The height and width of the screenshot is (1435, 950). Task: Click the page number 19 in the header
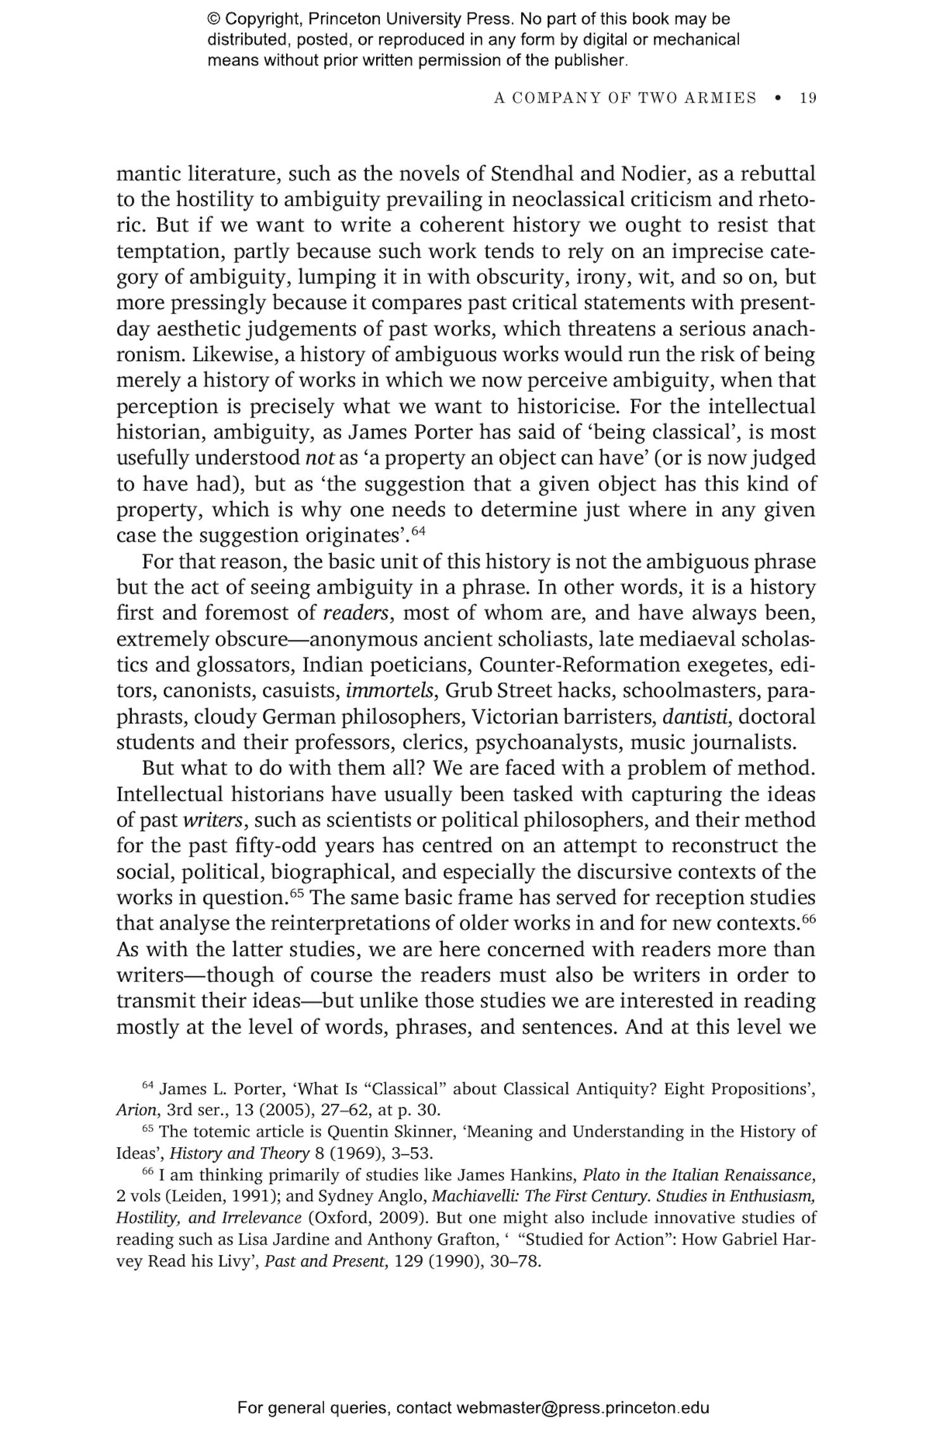click(x=807, y=98)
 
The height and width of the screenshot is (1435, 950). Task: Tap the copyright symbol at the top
click(x=213, y=19)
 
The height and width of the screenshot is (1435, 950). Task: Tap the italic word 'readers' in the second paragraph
click(x=355, y=613)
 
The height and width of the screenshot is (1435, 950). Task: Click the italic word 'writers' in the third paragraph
click(x=213, y=820)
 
